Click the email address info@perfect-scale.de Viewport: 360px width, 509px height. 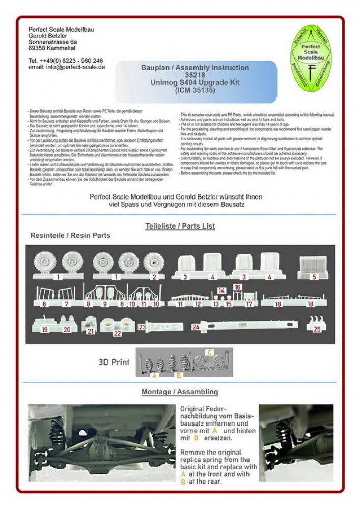[x=67, y=67]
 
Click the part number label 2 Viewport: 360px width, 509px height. [x=154, y=277]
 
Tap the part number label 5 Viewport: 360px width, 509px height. [x=314, y=277]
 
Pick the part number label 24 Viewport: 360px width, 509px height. [x=196, y=327]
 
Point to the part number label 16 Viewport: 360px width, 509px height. [x=237, y=287]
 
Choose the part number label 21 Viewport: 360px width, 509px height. [x=91, y=331]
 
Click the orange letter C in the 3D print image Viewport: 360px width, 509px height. [x=208, y=352]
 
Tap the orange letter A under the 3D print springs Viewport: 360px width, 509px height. [x=154, y=376]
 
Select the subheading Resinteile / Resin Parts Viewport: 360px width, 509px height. [x=70, y=236]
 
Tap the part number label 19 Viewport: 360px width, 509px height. [x=45, y=330]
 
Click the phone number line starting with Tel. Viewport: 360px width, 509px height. [x=66, y=60]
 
